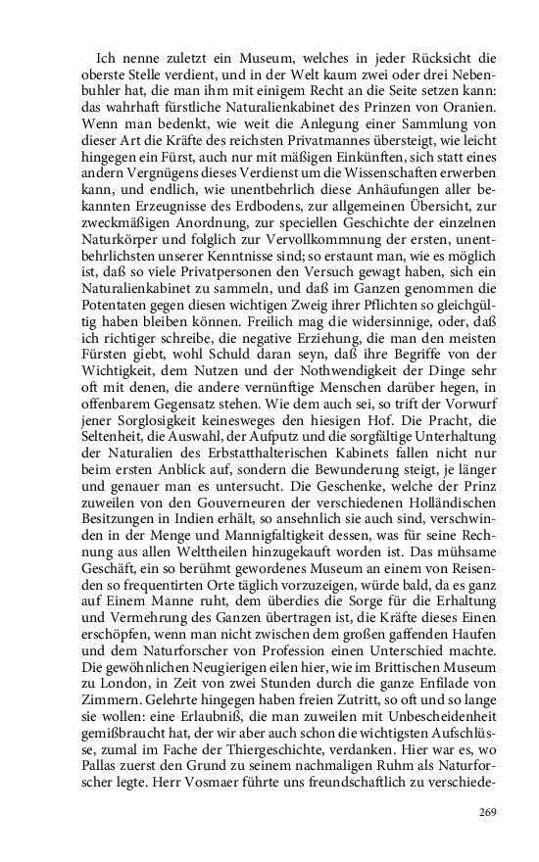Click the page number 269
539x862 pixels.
pyautogui.click(x=488, y=811)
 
